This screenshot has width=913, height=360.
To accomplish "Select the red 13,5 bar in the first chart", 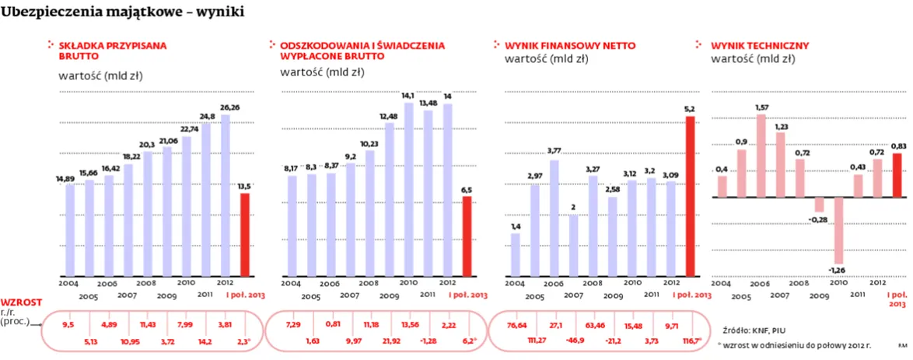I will click(x=245, y=234).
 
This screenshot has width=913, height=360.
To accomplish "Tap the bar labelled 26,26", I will click(x=226, y=195).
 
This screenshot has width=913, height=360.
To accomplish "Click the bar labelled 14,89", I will click(x=70, y=230).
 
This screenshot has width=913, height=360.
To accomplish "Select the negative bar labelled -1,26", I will click(x=838, y=230).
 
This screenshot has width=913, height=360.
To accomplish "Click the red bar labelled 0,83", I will click(x=897, y=175).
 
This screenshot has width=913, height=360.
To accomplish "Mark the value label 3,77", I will click(x=554, y=151).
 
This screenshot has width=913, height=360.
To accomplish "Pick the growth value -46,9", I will click(x=576, y=341).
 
